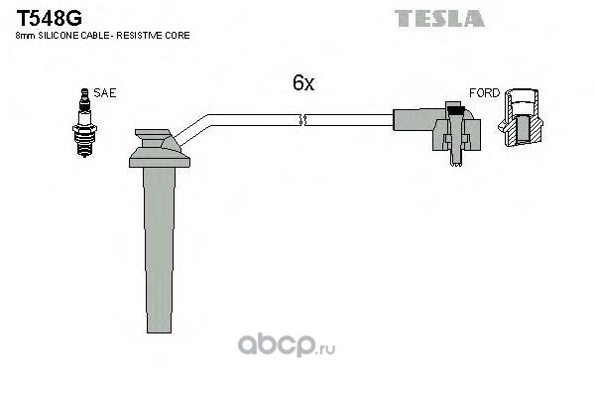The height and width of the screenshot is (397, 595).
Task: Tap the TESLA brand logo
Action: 439,18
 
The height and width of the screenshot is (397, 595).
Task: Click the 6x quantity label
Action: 303,84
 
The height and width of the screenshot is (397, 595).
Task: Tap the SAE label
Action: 106,92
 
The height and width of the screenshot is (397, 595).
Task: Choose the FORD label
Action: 484,92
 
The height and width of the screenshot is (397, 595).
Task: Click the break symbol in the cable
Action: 303,120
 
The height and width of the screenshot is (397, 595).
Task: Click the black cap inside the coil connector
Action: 453,107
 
